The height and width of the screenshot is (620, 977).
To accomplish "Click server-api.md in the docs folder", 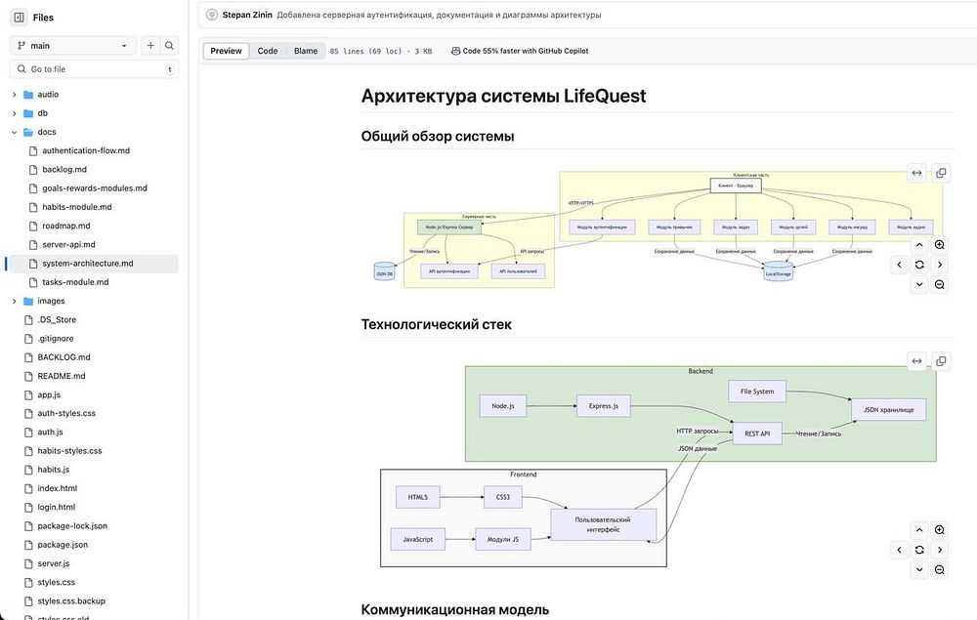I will click(68, 244).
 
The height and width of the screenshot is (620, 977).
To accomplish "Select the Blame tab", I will click(306, 51).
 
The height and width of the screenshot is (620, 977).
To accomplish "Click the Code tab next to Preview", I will click(267, 51).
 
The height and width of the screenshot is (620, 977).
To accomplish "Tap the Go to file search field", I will click(93, 69).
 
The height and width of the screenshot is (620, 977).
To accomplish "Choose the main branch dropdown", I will click(74, 45).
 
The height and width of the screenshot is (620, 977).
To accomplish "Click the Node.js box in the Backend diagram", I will click(504, 405).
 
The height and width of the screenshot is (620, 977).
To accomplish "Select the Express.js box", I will click(603, 405).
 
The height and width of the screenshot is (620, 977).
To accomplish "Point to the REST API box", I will click(757, 433).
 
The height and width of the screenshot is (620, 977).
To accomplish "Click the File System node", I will click(757, 392).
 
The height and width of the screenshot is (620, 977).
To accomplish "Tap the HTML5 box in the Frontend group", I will click(418, 497).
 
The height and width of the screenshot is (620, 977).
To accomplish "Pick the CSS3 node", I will click(503, 497).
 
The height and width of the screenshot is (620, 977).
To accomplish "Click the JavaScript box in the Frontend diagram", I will click(418, 539).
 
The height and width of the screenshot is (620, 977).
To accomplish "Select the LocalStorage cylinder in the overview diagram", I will click(779, 272).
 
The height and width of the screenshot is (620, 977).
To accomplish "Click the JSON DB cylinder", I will click(384, 271).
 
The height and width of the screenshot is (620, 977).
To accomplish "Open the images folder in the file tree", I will click(51, 301).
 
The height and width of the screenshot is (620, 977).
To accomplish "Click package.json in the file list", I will click(63, 545).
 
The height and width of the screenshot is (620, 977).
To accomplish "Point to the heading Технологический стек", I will click(436, 324).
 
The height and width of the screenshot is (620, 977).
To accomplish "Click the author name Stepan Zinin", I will click(246, 15).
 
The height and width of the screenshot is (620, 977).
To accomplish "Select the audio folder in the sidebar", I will click(48, 95).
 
